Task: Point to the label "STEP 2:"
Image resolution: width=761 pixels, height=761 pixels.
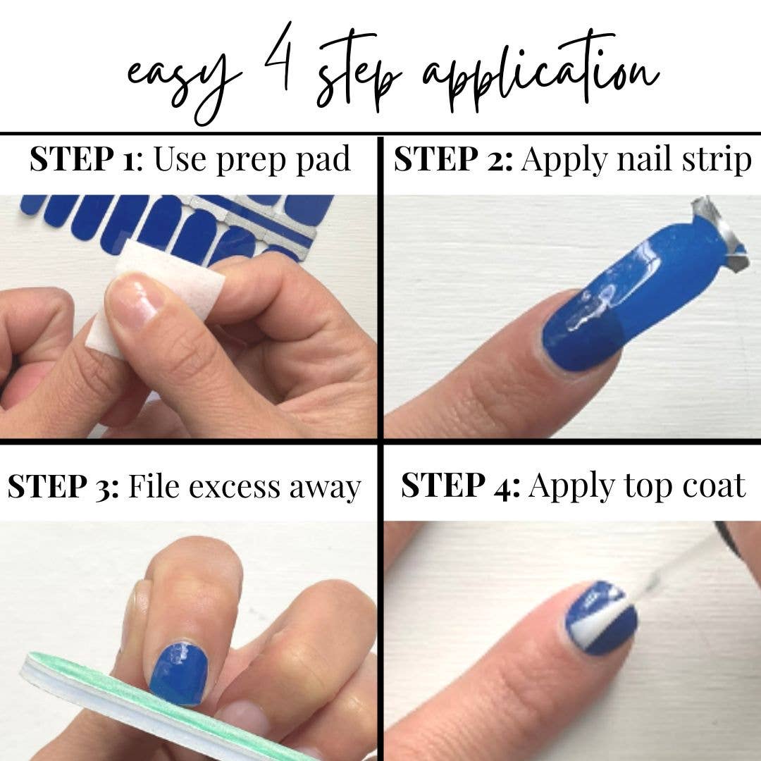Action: point(453,159)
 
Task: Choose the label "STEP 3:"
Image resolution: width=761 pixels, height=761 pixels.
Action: point(63,486)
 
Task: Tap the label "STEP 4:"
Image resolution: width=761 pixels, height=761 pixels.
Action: point(461,485)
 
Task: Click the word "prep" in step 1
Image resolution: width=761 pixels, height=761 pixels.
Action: point(252,161)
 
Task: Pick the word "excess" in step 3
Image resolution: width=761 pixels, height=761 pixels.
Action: point(235,488)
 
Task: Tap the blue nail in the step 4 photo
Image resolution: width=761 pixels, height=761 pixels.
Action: point(601,617)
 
